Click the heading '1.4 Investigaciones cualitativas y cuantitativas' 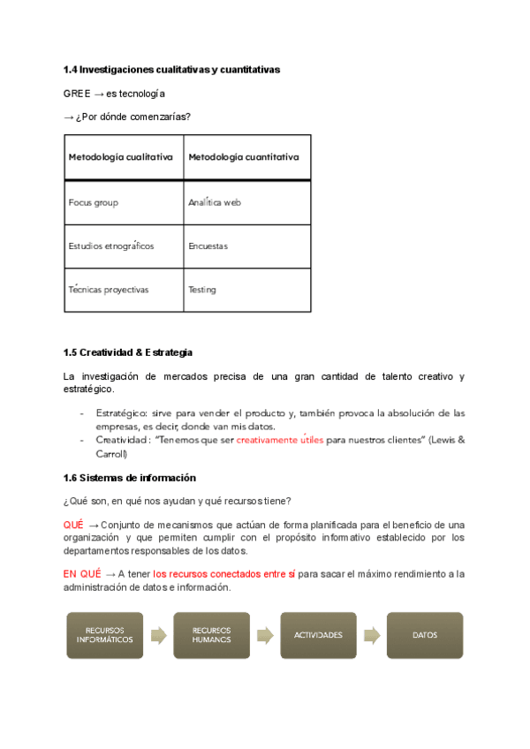click(171, 69)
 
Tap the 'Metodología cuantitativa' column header click(243, 157)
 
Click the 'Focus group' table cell click(93, 202)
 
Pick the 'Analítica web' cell click(215, 202)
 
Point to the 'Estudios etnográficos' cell click(110, 246)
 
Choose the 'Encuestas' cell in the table click(208, 246)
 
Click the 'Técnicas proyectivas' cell click(108, 289)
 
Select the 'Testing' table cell click(202, 289)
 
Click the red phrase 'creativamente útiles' click(280, 438)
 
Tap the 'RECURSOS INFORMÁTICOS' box click(105, 634)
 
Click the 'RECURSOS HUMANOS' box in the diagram click(211, 634)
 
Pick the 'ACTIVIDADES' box click(317, 634)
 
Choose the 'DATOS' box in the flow click(424, 634)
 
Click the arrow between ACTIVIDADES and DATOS click(371, 634)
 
